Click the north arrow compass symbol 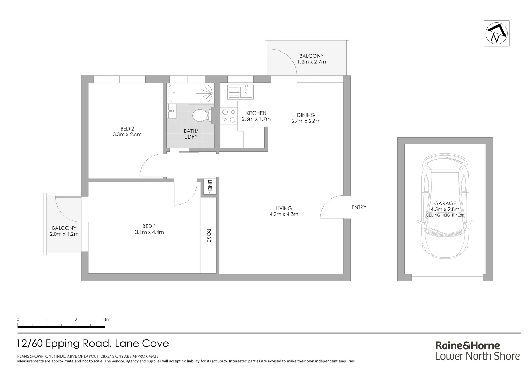(x=496, y=33)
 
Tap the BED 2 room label (x=127, y=129)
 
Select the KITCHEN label (x=256, y=113)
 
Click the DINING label (x=306, y=115)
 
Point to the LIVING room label (x=283, y=209)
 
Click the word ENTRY (x=359, y=207)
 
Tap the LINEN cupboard (x=210, y=187)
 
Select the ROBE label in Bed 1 (x=209, y=235)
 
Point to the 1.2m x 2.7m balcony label (x=311, y=62)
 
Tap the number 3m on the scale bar (x=107, y=319)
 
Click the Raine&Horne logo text (x=468, y=345)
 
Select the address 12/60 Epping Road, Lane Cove (x=93, y=344)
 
